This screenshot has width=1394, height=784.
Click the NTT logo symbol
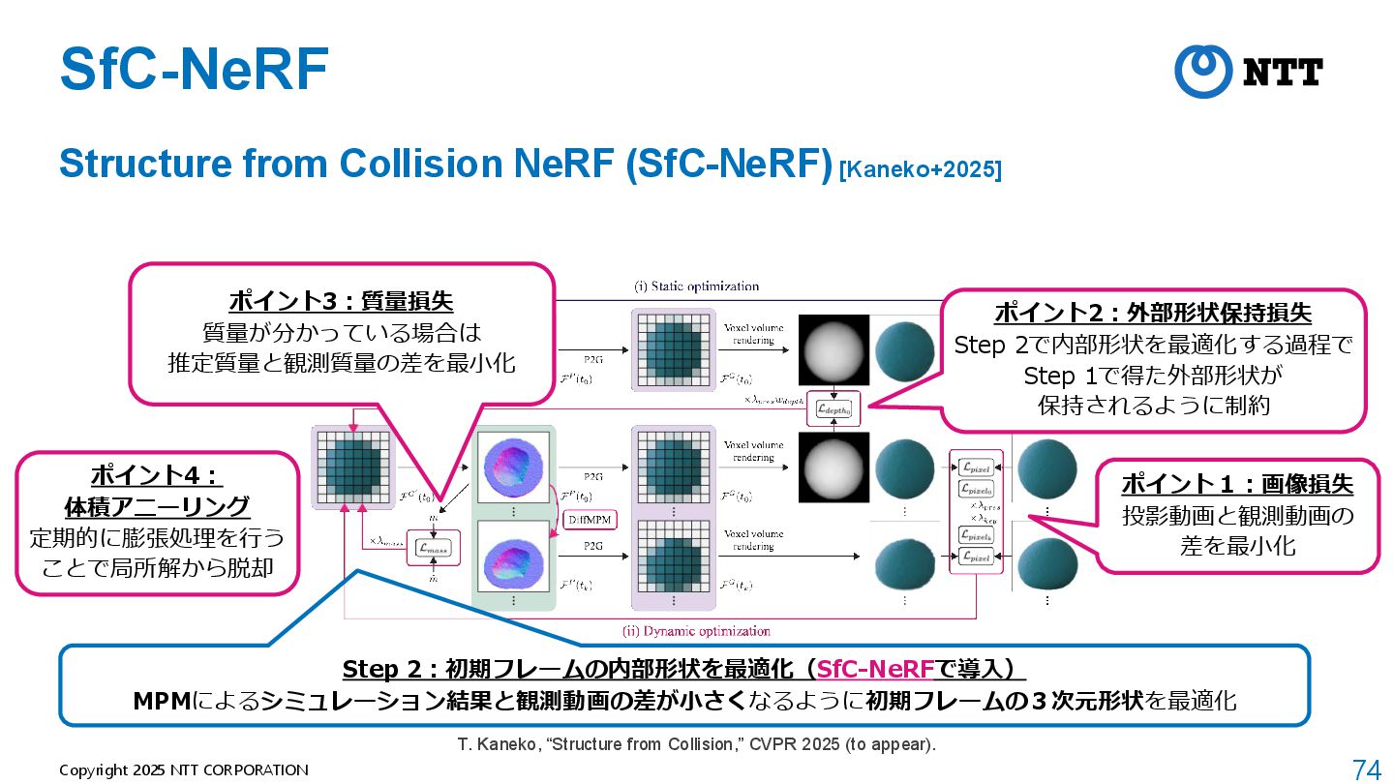1203,71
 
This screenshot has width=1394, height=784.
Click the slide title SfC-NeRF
194,69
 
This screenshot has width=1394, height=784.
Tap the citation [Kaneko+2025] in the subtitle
920,169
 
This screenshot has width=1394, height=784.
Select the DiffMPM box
588,520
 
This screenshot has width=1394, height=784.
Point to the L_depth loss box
838,410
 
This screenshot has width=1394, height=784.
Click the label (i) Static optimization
696,286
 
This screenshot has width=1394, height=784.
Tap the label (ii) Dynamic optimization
696,631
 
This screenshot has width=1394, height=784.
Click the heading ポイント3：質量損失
341,301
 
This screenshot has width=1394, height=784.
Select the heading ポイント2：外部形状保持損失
1153,313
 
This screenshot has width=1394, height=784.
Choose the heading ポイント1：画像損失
1237,483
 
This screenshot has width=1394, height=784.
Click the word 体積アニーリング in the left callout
156,506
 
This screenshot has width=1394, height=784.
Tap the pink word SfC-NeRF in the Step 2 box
875,669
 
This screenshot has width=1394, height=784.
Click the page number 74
1366,769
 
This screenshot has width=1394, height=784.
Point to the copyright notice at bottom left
184,770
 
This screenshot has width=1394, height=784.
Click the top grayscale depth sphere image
833,353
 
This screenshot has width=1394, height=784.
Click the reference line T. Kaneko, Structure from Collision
696,744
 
